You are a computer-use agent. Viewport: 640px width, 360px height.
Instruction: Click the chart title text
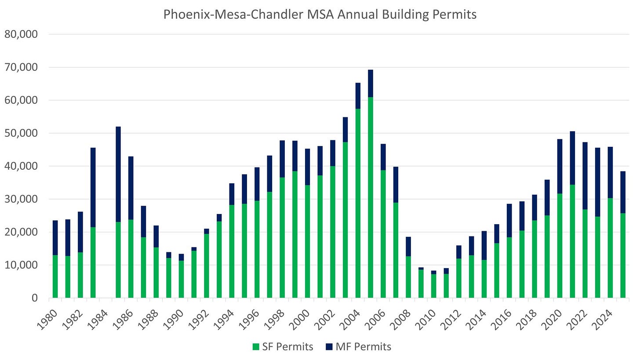(320, 14)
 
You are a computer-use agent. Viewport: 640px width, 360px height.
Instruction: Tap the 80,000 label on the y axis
(21, 34)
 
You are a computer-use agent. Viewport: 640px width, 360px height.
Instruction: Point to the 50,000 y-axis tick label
(21, 133)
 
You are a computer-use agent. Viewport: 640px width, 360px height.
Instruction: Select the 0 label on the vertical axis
(35, 298)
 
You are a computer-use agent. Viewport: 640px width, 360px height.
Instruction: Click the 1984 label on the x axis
(98, 320)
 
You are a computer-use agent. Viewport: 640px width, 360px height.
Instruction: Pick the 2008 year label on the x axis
(400, 320)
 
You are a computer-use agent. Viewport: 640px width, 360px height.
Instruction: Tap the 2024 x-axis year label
(602, 320)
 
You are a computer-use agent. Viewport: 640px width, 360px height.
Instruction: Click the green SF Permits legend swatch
(256, 347)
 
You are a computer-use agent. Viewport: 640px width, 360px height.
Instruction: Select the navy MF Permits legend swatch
(329, 347)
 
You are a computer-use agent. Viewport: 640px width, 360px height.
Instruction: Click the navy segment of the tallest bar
(371, 84)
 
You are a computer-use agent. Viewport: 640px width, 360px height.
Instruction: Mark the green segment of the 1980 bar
(55, 276)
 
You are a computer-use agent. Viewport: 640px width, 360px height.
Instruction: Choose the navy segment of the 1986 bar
(131, 188)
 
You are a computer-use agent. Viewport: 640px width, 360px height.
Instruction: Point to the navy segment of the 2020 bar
(560, 167)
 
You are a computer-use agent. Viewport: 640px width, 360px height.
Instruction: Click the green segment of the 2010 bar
(434, 286)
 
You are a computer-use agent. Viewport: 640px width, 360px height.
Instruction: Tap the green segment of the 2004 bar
(358, 203)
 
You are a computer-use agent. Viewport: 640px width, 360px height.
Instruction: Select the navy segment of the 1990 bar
(182, 257)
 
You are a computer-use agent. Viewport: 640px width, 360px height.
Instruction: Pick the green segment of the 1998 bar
(282, 237)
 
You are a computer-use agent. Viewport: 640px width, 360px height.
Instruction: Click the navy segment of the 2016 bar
(509, 221)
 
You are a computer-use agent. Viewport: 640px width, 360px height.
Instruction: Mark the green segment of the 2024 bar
(610, 248)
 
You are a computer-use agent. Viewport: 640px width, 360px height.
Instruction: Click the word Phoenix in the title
(187, 14)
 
